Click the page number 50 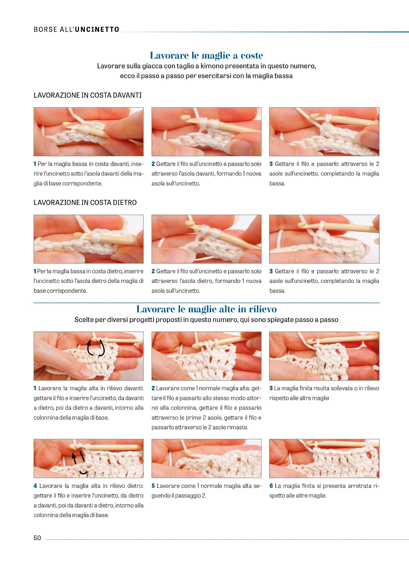(x=37, y=538)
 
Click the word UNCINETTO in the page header (x=97, y=29)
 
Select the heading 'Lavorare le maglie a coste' (x=206, y=55)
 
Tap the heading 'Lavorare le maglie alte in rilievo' (x=206, y=309)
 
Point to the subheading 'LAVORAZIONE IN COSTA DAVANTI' (x=88, y=95)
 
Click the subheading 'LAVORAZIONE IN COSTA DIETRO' (x=85, y=203)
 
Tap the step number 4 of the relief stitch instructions (x=35, y=486)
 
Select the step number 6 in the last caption (x=271, y=486)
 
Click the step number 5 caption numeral (x=153, y=486)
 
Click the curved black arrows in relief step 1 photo (x=96, y=348)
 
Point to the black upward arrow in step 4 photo (x=74, y=458)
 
